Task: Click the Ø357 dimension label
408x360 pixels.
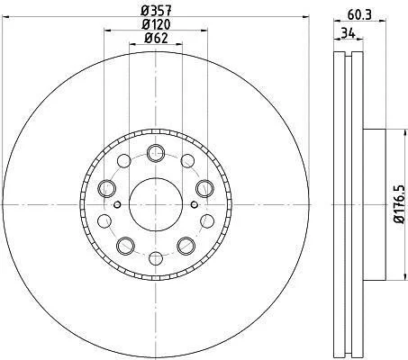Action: click(156, 11)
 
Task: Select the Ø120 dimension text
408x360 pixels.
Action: click(156, 24)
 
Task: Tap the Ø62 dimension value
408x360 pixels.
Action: click(156, 38)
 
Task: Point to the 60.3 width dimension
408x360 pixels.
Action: click(359, 14)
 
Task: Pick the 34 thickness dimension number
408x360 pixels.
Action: click(349, 32)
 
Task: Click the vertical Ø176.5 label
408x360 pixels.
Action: click(400, 204)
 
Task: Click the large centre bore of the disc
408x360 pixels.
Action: click(156, 204)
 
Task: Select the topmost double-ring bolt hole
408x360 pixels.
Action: click(156, 153)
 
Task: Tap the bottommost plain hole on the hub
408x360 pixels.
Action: click(156, 258)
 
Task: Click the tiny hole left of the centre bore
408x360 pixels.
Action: click(117, 204)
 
